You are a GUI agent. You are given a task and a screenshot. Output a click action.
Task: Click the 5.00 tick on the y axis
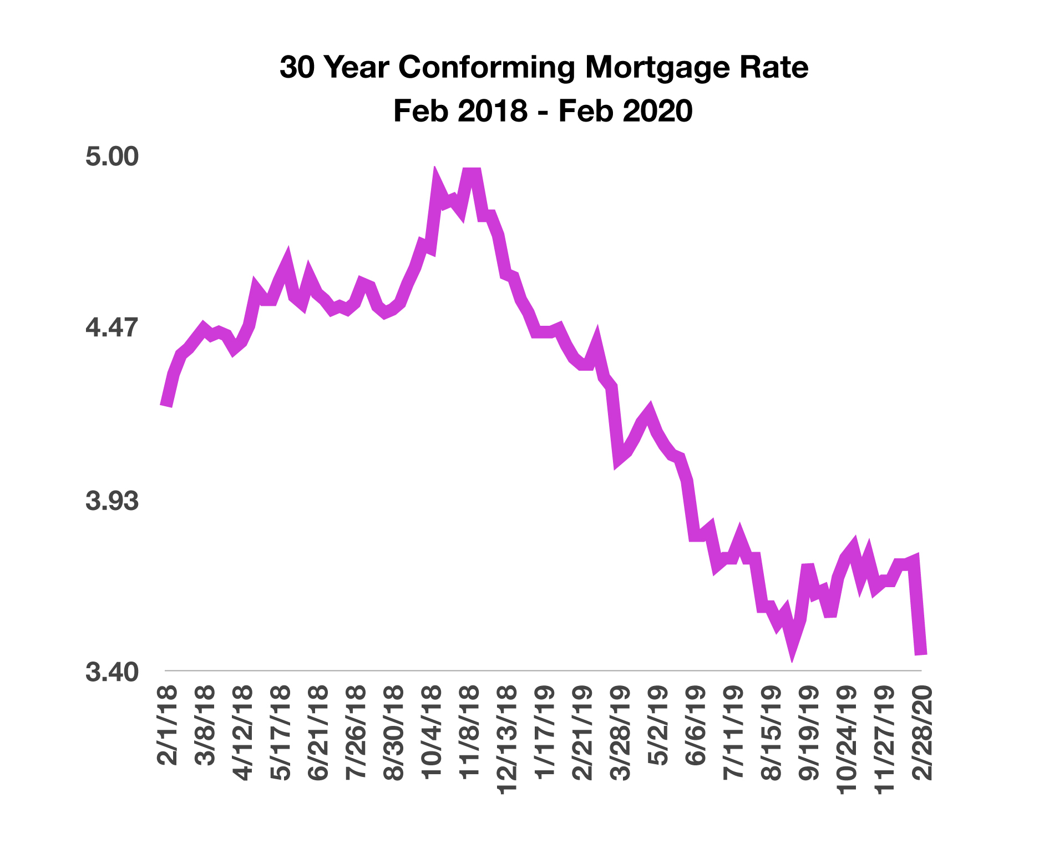pyautogui.click(x=112, y=157)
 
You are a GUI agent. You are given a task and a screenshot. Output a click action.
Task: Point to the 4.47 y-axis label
pyautogui.click(x=112, y=327)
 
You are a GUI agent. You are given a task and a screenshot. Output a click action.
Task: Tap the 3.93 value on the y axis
pyautogui.click(x=112, y=501)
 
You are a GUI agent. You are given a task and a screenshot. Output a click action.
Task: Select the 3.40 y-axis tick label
pyautogui.click(x=112, y=672)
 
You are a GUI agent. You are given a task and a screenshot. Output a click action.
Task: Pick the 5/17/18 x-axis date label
pyautogui.click(x=281, y=733)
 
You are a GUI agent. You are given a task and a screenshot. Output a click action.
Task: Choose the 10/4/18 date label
pyautogui.click(x=432, y=733)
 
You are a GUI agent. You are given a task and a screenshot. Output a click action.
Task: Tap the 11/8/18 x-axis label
pyautogui.click(x=469, y=733)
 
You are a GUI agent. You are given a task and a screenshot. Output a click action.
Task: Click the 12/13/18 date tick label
pyautogui.click(x=507, y=740)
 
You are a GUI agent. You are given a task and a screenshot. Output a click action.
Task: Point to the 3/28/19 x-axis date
pyautogui.click(x=621, y=733)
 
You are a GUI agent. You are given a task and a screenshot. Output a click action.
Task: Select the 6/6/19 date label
pyautogui.click(x=696, y=726)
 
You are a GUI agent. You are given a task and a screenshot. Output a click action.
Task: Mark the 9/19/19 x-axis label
pyautogui.click(x=809, y=733)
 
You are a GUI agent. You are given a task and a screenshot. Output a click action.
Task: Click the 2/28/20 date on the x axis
pyautogui.click(x=923, y=733)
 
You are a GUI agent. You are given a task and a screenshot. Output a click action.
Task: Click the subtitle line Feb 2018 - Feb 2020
pyautogui.click(x=543, y=110)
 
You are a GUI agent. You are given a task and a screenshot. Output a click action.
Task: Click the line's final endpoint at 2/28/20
pyautogui.click(x=921, y=654)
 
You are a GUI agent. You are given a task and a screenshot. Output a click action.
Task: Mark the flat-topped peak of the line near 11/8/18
pyautogui.click(x=472, y=170)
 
